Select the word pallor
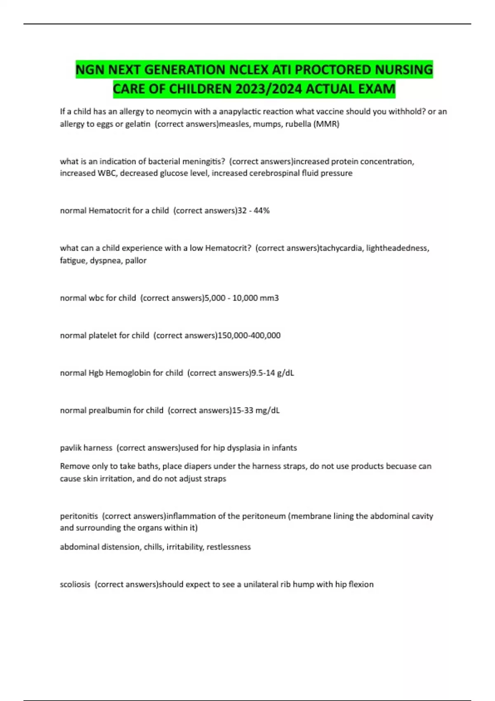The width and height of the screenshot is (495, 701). [136, 261]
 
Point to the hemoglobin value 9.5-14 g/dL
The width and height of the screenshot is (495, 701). [273, 373]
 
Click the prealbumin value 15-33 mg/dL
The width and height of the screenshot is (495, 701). [256, 410]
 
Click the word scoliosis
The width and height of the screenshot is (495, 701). [75, 584]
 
